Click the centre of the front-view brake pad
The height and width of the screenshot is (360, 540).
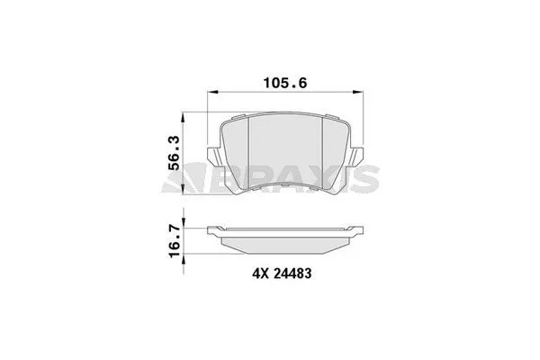(x=285, y=153)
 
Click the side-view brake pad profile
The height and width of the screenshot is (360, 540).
(x=285, y=238)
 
